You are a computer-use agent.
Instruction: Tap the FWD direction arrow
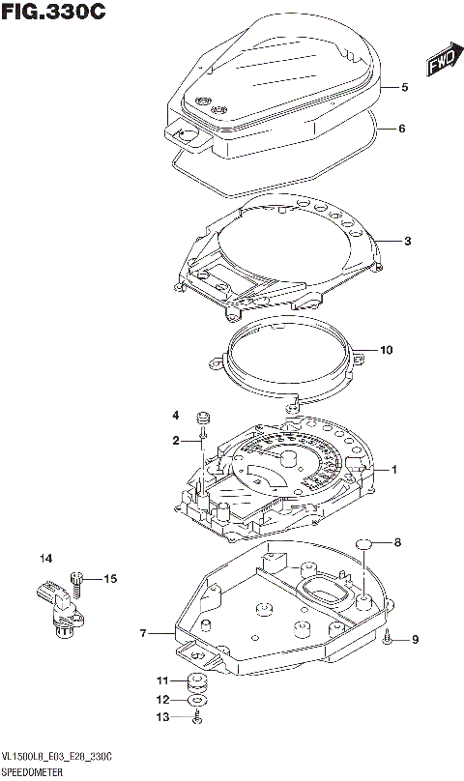[x=441, y=63]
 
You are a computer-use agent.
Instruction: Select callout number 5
[x=406, y=88]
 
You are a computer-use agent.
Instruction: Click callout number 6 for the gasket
[x=403, y=129]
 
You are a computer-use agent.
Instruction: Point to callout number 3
[x=408, y=241]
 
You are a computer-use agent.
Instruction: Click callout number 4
[x=176, y=416]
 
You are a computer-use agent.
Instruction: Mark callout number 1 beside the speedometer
[x=394, y=470]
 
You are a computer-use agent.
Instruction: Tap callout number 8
[x=396, y=543]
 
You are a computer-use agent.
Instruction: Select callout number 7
[x=142, y=634]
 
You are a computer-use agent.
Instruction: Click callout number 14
[x=45, y=559]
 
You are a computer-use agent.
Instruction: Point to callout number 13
[x=162, y=716]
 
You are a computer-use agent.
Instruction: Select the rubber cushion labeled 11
[x=195, y=680]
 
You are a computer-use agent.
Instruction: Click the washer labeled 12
[x=197, y=699]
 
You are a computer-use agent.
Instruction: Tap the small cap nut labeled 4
[x=203, y=418]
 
